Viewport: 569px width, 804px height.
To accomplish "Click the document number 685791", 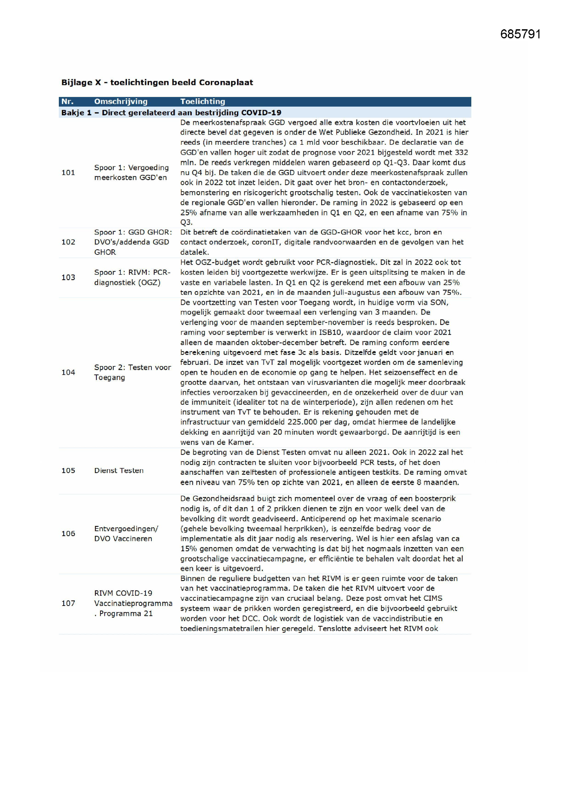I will tap(520, 34).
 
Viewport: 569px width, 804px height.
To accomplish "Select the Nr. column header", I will tap(67, 101).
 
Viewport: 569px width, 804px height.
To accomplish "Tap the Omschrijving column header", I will tap(120, 101).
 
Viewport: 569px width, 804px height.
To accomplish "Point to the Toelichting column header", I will tap(203, 101).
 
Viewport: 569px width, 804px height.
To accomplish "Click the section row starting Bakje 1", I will tap(171, 112).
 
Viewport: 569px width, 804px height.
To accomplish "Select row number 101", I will tap(68, 172).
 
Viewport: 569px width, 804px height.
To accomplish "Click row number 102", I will tap(68, 242).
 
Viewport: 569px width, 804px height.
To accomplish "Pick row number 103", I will tap(68, 277).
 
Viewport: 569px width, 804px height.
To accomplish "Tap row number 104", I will tap(68, 372).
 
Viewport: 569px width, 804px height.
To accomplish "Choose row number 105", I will tap(68, 470).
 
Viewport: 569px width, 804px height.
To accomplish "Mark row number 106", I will tap(68, 533).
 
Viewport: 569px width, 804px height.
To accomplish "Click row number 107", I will tap(68, 603).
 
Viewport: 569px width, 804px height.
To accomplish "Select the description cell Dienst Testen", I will tap(119, 470).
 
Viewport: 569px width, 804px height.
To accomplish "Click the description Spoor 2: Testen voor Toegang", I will tap(132, 372).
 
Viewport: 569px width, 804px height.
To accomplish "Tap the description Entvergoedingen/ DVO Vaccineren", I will tap(126, 533).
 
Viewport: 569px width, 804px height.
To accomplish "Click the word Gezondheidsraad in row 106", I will tap(221, 498).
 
